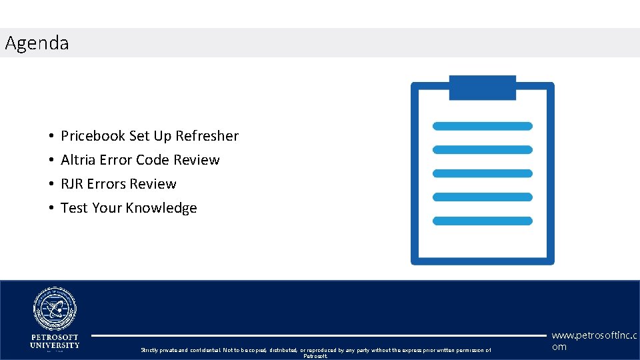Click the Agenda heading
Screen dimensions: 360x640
point(37,43)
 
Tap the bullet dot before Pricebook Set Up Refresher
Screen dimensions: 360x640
point(51,137)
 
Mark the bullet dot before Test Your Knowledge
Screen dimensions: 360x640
point(51,209)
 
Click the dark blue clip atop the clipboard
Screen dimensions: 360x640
point(482,87)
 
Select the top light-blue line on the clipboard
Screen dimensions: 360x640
point(482,126)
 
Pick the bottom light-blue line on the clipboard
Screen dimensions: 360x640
point(482,221)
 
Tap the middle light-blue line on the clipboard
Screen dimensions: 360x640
point(482,173)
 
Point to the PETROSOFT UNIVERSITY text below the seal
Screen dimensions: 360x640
point(55,341)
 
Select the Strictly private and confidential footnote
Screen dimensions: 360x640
point(315,351)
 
